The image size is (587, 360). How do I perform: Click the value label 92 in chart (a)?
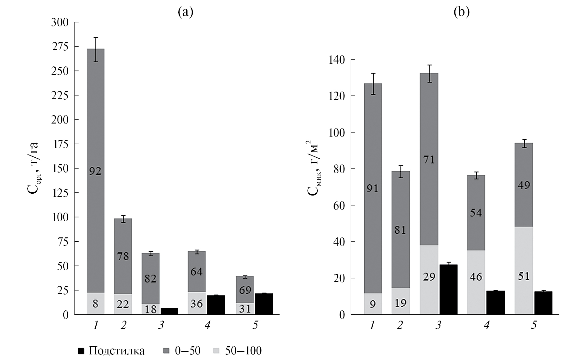(95, 171)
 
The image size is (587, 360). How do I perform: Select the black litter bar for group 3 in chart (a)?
(169, 311)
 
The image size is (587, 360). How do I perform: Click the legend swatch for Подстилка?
(81, 351)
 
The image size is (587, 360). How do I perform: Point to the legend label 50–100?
(243, 351)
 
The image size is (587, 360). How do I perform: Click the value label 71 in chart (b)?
(429, 160)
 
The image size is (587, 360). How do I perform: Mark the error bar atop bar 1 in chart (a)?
(96, 49)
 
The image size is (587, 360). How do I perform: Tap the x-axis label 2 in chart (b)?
(400, 325)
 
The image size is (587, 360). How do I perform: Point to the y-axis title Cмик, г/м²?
(314, 168)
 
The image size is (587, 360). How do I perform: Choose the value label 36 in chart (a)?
(197, 303)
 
